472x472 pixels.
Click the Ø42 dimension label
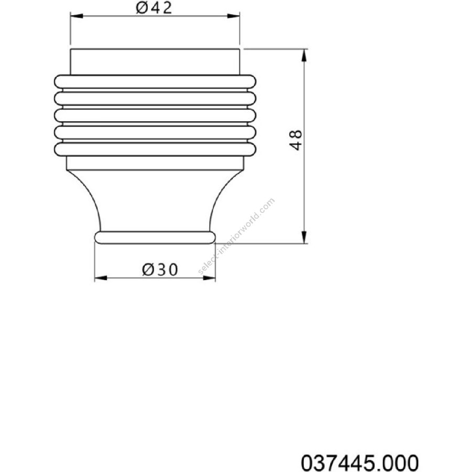[154, 7]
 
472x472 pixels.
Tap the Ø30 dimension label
[160, 270]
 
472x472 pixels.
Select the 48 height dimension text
[296, 140]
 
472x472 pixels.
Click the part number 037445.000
[360, 463]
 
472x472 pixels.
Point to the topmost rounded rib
[155, 82]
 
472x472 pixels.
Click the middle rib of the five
[155, 115]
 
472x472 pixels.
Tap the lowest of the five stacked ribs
[155, 149]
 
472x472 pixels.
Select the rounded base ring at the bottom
[155, 237]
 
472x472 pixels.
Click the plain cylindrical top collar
[155, 61]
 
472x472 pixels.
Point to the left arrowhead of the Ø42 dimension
[77, 16]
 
